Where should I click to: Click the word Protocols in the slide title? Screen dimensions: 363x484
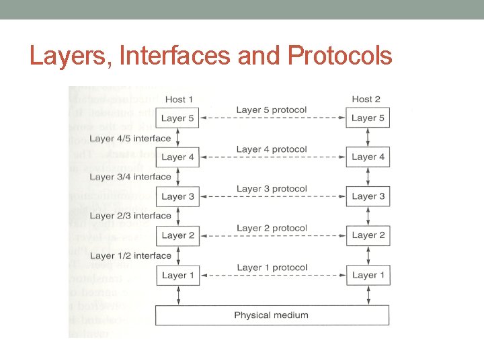(339, 56)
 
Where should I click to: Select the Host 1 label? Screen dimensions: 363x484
(178, 99)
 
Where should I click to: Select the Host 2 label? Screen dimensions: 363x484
(366, 99)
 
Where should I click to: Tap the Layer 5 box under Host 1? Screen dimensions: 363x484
(177, 118)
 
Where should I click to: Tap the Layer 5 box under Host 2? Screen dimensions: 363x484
(368, 118)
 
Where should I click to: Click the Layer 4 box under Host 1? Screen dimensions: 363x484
(177, 157)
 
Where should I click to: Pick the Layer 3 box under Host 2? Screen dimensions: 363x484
(368, 196)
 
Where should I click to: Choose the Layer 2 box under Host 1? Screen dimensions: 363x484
(177, 235)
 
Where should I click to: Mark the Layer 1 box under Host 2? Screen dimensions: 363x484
(368, 275)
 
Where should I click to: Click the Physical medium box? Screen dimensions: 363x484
(272, 315)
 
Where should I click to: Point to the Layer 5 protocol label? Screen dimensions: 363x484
(272, 110)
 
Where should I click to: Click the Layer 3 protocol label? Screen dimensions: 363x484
(272, 189)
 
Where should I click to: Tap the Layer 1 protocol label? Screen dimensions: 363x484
(272, 268)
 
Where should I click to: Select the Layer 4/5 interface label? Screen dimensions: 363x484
(130, 138)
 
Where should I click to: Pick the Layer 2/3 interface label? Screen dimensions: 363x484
(130, 216)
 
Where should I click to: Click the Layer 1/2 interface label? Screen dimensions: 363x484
(130, 255)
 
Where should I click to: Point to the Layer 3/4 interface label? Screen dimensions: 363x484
(130, 177)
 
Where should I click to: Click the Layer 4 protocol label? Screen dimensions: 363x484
(272, 149)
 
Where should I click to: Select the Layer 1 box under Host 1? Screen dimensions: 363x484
(177, 275)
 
